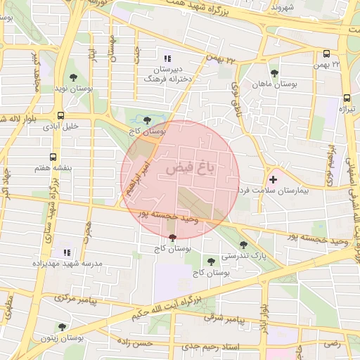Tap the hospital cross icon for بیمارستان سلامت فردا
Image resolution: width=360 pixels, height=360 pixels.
[x=273, y=180]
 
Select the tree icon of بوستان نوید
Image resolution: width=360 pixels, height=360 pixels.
[x=73, y=77]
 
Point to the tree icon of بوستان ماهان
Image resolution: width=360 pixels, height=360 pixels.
[x=274, y=73]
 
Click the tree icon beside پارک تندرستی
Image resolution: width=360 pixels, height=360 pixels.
[x=243, y=245]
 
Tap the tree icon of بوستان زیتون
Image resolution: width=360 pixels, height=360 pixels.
[x=62, y=327]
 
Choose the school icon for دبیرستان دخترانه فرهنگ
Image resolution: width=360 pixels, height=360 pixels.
[x=167, y=58]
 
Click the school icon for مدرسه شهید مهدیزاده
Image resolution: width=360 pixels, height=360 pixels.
[x=67, y=252]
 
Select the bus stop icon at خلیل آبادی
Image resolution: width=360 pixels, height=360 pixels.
[x=60, y=115]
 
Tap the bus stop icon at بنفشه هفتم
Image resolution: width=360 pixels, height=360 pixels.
[x=53, y=158]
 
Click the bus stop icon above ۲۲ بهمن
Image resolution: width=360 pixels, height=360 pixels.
[x=326, y=53]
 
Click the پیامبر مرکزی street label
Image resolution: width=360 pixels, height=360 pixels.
[x=70, y=299]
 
